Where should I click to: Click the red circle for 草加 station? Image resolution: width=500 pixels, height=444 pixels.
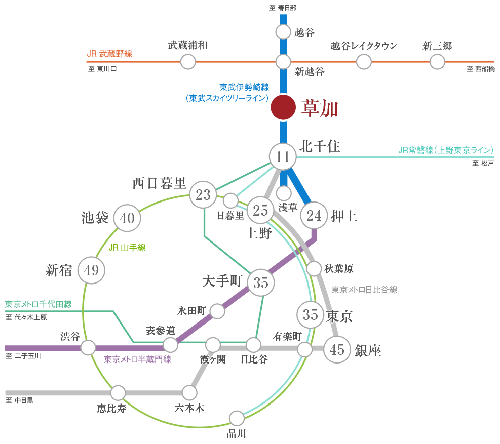[282, 107]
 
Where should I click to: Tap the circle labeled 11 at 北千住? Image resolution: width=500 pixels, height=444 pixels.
[283, 157]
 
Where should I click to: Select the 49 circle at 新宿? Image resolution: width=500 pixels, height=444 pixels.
[91, 270]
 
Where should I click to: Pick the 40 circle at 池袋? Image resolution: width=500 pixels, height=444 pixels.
[128, 218]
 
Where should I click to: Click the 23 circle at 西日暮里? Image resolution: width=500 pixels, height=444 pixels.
[203, 195]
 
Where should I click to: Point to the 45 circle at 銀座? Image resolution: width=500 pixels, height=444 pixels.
[337, 349]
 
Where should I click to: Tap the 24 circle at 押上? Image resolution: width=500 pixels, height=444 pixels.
[314, 216]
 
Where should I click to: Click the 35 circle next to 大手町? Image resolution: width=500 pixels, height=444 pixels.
[260, 283]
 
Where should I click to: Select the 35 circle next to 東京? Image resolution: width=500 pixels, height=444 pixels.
[310, 315]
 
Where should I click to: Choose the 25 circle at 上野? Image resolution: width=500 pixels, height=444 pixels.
[260, 210]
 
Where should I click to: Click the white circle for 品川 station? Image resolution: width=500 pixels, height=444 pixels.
[237, 418]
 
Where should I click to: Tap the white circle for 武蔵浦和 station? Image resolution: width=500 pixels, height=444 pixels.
[188, 62]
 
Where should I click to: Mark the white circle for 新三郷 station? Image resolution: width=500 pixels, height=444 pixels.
[437, 62]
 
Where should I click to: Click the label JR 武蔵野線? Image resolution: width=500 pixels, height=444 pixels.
[109, 54]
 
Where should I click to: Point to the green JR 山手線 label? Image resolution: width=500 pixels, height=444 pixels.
[127, 248]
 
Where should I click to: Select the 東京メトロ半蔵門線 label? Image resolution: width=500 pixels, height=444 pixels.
[137, 359]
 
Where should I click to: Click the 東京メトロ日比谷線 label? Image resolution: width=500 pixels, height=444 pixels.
[364, 290]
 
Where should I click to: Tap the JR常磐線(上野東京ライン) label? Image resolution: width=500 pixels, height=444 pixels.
[446, 150]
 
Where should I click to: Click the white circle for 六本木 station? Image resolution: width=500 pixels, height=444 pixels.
[189, 392]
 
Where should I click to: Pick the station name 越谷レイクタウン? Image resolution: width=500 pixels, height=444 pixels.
[364, 46]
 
